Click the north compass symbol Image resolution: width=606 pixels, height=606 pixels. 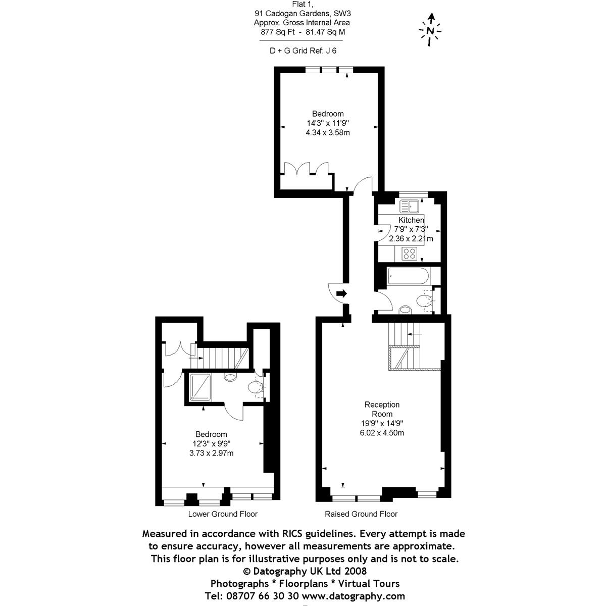click(430, 30)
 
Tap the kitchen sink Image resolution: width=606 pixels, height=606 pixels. click(409, 207)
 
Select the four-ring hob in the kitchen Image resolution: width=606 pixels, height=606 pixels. click(410, 253)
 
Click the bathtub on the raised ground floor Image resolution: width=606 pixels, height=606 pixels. click(408, 276)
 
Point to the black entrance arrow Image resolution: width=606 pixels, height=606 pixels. click(341, 294)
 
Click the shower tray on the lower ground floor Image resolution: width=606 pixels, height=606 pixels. click(200, 387)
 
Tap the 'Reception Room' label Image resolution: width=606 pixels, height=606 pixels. click(382, 409)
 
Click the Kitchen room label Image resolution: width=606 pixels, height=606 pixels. click(411, 220)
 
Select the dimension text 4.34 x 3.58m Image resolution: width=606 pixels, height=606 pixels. click(328, 133)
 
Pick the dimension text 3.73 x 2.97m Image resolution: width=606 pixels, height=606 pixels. click(211, 453)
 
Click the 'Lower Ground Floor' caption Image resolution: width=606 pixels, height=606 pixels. click(223, 514)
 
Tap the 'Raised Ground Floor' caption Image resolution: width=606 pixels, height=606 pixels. click(361, 514)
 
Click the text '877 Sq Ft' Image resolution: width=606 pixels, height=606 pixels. click(277, 32)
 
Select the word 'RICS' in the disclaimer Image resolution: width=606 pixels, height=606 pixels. click(292, 534)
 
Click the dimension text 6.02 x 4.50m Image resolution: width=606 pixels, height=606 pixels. click(382, 433)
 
